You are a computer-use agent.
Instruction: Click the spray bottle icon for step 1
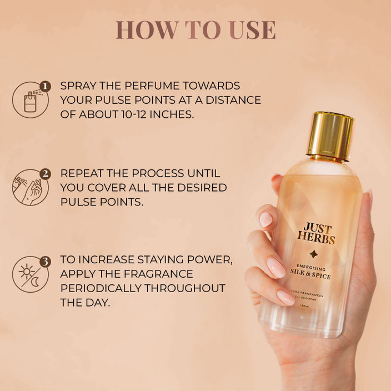30,101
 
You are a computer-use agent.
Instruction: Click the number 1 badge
46,86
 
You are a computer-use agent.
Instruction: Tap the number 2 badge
46,173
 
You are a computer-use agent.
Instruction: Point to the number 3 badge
46,260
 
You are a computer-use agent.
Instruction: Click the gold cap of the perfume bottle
330,135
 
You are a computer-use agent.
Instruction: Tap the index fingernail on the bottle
266,219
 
